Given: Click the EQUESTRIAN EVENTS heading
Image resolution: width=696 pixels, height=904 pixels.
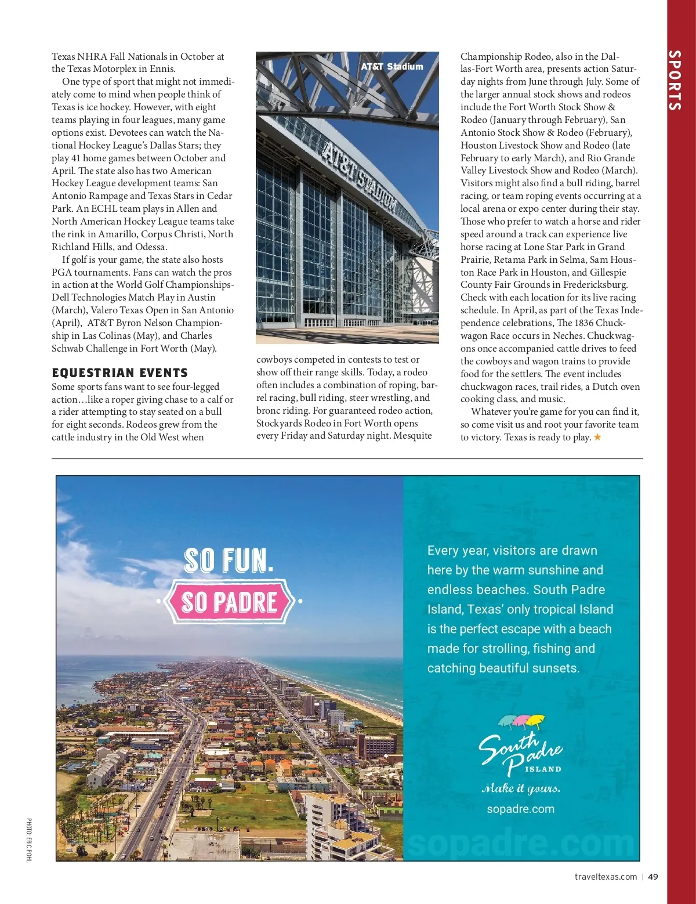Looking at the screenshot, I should pos(119,373).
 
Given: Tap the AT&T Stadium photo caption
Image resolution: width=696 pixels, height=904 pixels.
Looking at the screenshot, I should pos(392,67).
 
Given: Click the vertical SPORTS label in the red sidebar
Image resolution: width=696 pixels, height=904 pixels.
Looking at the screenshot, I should pos(675,80).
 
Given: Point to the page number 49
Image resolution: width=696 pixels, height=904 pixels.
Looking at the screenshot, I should pos(653,877).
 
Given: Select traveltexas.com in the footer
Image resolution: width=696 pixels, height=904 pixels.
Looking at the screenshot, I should pos(606,877).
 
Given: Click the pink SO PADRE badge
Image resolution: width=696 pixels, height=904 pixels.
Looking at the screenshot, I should pos(230,602).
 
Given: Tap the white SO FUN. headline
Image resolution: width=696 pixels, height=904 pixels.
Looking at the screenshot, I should pos(229,561).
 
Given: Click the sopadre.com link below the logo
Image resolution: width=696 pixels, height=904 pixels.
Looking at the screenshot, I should pos(520,809).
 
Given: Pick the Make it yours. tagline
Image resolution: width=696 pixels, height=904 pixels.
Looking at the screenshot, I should pos(521,788).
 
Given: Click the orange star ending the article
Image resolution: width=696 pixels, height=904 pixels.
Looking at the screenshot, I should pos(597,437).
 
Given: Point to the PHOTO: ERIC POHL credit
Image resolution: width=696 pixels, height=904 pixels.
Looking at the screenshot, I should pos(29,840).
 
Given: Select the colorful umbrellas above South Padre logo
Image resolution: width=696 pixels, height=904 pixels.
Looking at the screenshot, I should pos(521,722).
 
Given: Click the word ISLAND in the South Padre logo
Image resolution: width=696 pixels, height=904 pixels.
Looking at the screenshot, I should pos(543,769).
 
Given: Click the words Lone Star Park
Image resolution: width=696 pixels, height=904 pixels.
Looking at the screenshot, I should pos(554,247).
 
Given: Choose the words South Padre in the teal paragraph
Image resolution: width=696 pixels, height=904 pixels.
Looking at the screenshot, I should pos(569,590).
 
